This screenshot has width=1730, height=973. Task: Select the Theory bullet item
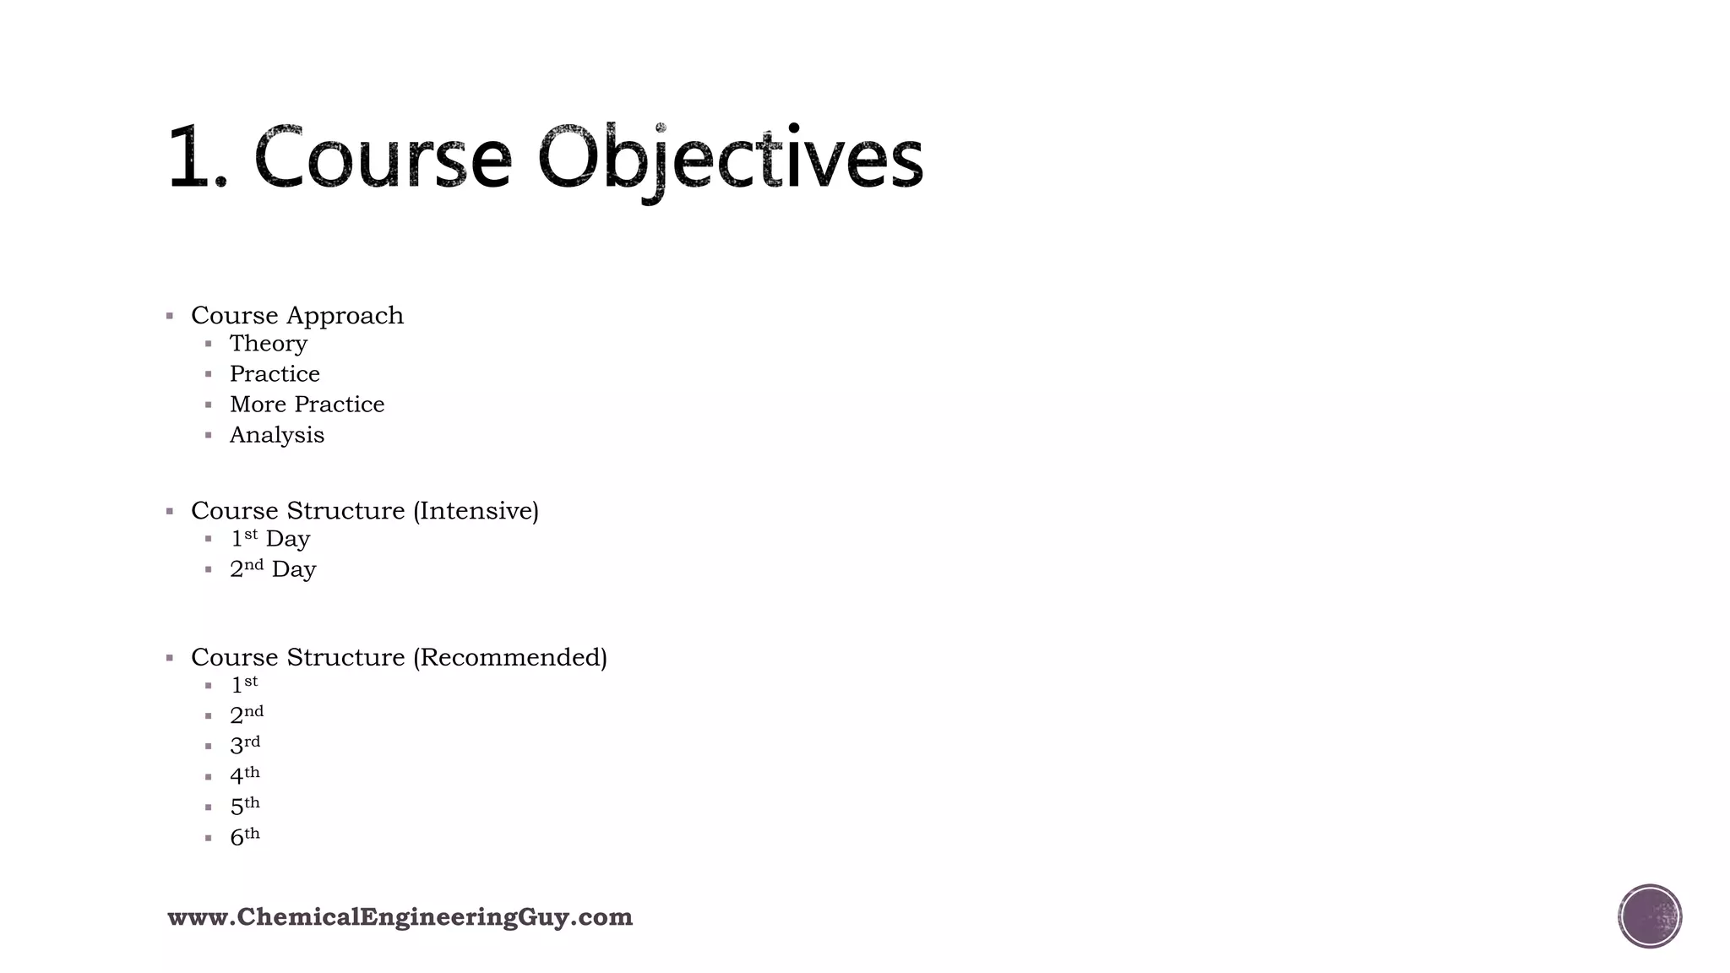click(x=269, y=344)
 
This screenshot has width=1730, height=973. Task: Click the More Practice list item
click(x=307, y=405)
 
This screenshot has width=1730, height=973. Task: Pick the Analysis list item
click(x=277, y=435)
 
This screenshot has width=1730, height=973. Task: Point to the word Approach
click(x=345, y=316)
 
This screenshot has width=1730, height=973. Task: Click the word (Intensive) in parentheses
click(x=476, y=511)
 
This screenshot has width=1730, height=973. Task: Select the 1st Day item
click(x=270, y=539)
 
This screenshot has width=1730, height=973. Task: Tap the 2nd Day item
click(x=273, y=569)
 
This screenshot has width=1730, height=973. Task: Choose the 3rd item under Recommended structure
click(x=245, y=745)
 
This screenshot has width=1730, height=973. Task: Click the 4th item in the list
click(x=245, y=775)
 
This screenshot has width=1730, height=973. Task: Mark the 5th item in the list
click(x=245, y=806)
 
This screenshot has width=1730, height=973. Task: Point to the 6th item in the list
click(x=245, y=836)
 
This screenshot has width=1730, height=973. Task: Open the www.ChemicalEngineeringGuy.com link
click(x=400, y=917)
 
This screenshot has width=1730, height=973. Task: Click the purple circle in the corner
click(x=1650, y=916)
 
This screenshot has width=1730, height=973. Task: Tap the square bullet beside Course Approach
click(x=170, y=316)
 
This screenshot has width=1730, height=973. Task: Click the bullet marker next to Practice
click(x=209, y=374)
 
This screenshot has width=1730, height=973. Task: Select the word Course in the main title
click(x=383, y=158)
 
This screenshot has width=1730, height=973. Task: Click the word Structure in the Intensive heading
click(x=345, y=511)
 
